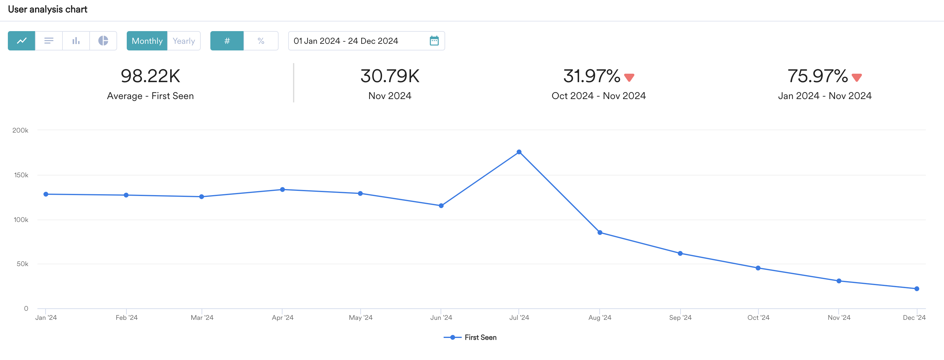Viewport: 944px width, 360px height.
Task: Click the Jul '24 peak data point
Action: (519, 152)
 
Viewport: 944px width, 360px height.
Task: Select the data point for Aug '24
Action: (600, 233)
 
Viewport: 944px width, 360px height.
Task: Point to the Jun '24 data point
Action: (441, 206)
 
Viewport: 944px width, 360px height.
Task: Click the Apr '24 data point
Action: (282, 190)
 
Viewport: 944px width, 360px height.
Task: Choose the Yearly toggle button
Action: (183, 41)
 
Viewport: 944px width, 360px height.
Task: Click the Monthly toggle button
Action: (147, 41)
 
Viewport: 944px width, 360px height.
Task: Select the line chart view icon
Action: (22, 41)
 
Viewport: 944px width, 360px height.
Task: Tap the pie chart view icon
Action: (103, 41)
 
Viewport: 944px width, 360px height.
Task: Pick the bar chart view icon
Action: (76, 41)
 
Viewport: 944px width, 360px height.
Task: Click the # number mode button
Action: (227, 41)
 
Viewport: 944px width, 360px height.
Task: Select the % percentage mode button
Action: (261, 41)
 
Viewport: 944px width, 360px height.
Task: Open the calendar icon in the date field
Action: (434, 41)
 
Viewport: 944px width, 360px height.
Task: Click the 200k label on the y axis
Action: (20, 130)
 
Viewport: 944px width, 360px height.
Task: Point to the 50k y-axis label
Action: (22, 264)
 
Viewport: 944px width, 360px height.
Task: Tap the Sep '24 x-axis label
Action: (680, 317)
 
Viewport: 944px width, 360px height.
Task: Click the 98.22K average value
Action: (150, 76)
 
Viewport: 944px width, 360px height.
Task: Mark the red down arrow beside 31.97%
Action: (629, 77)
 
